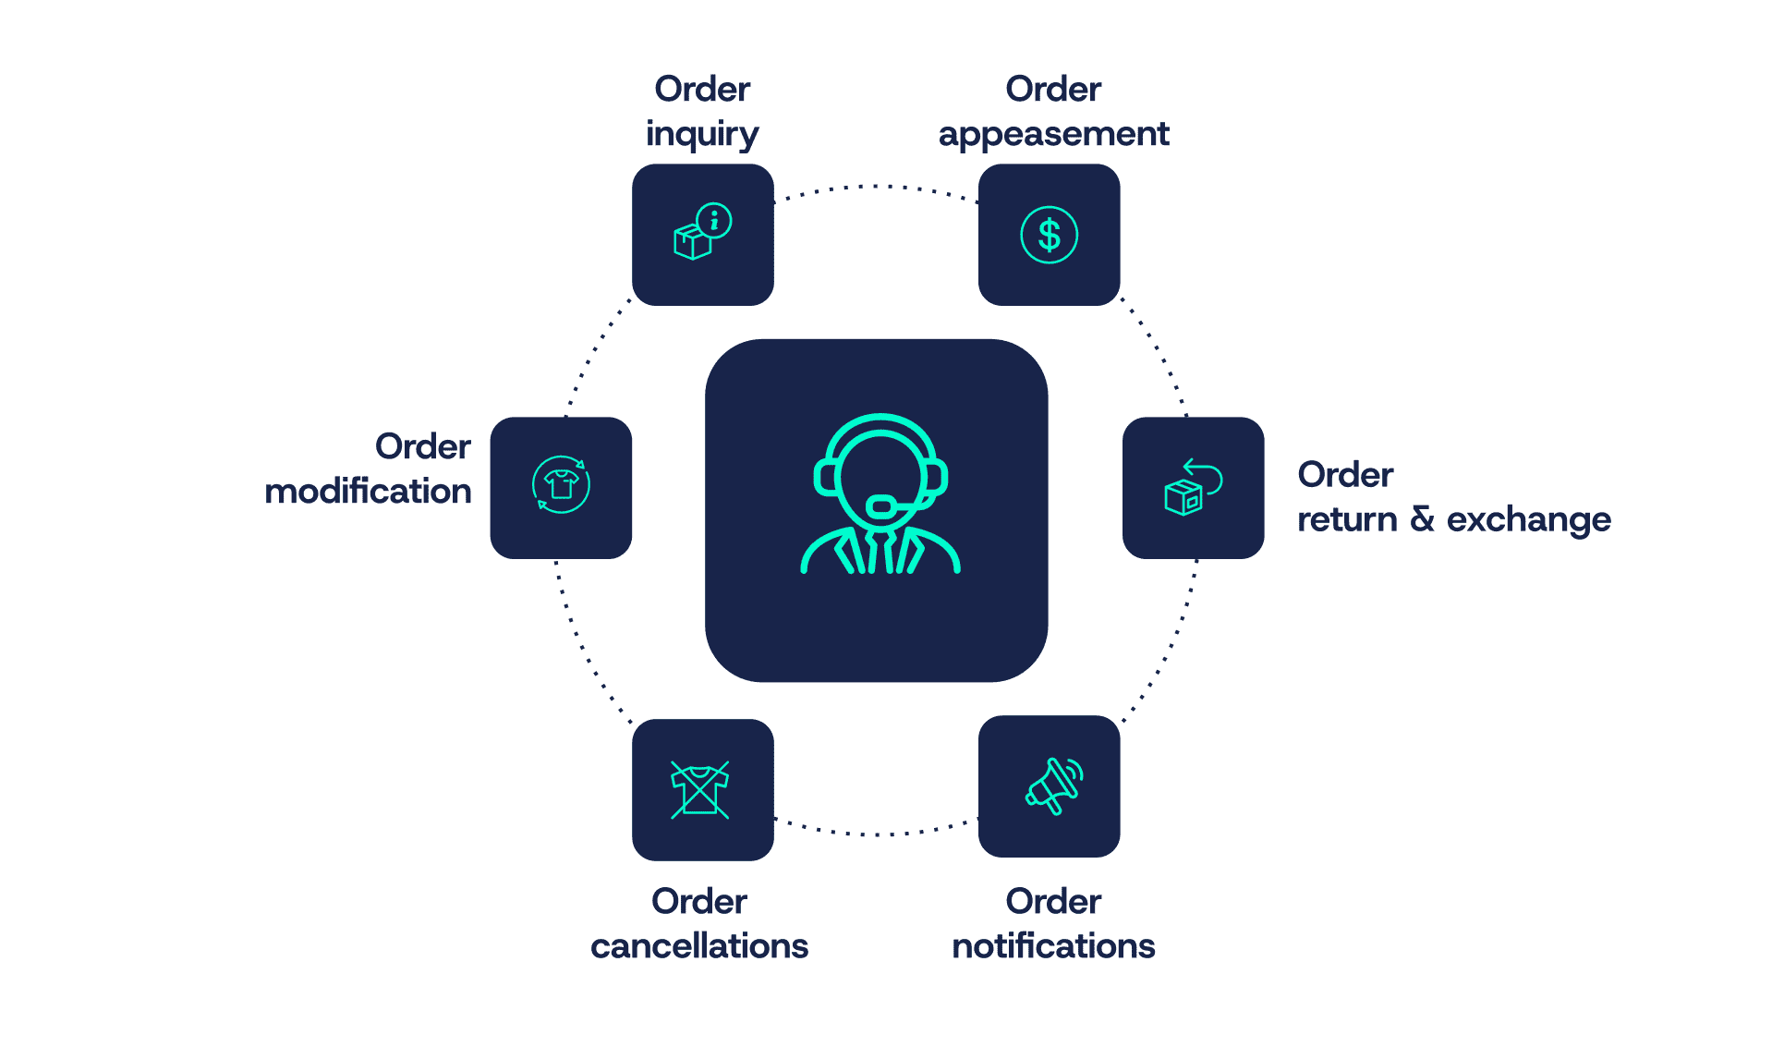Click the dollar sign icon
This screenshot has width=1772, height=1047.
tap(1049, 235)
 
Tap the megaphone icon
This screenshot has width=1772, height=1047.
tap(1053, 786)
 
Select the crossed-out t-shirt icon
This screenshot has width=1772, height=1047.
tap(700, 790)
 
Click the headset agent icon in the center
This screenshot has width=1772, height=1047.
tap(879, 495)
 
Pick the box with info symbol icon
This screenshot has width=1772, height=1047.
tap(702, 233)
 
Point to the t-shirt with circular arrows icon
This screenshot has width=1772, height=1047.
tap(561, 484)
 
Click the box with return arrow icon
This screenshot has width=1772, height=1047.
tap(1193, 487)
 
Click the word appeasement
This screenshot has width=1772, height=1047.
tap(1053, 135)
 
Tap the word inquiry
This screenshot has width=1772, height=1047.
tap(701, 135)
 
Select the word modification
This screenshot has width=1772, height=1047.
tap(368, 491)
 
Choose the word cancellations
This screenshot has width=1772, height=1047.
tap(699, 945)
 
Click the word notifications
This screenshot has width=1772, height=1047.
tap(1053, 945)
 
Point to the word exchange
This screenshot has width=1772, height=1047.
tap(1528, 519)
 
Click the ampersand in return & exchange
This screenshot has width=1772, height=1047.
tap(1422, 518)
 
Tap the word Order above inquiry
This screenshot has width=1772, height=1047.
tap(702, 89)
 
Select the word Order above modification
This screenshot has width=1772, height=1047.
tap(422, 446)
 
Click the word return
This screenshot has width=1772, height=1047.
tap(1347, 519)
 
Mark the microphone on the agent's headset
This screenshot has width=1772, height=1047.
tap(881, 505)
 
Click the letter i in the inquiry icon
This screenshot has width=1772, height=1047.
tap(714, 221)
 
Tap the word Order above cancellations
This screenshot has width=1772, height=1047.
tap(699, 901)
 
